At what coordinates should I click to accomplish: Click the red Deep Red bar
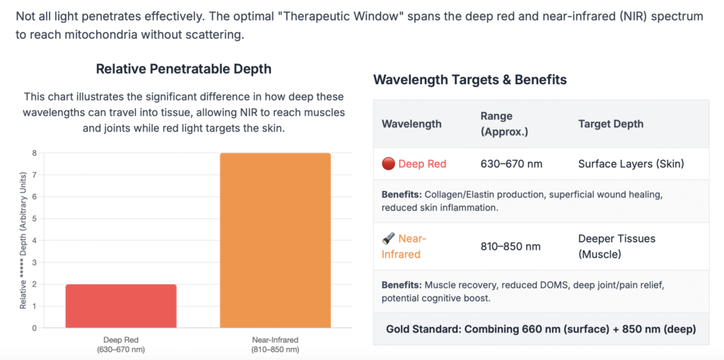coord(121,306)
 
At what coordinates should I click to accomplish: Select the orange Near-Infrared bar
coord(275,240)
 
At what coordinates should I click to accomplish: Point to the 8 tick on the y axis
coord(33,153)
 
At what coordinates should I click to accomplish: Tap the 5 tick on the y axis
coord(33,219)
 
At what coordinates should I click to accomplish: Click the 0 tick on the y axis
coord(33,328)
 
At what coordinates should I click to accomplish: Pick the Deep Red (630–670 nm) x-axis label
coord(121,344)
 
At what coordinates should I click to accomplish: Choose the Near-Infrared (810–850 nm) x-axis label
coord(275,344)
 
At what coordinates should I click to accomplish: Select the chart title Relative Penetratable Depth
coord(183,69)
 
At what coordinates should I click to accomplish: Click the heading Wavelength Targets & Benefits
coord(469,80)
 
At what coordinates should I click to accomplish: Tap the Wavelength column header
coord(411,124)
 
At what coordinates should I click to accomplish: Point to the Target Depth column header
coord(610,124)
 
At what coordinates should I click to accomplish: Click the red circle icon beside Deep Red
coord(387,164)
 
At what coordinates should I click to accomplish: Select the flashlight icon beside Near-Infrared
coord(387,239)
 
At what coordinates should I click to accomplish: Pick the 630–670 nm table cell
coord(511,164)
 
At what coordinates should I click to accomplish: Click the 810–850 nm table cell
coord(510,246)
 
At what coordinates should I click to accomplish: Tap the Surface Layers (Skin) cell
coord(631,164)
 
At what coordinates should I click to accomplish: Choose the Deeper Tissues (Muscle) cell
coord(607,246)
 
